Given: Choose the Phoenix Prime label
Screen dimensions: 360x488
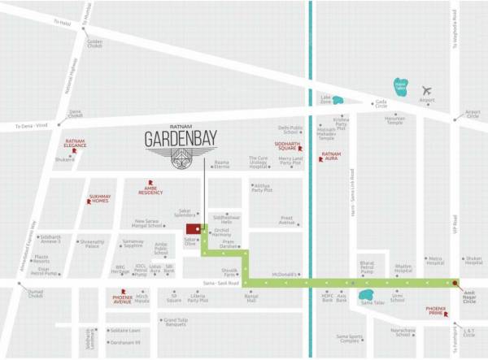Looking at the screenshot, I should [435, 310].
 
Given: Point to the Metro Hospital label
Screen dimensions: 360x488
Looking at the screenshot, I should [434, 261].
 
